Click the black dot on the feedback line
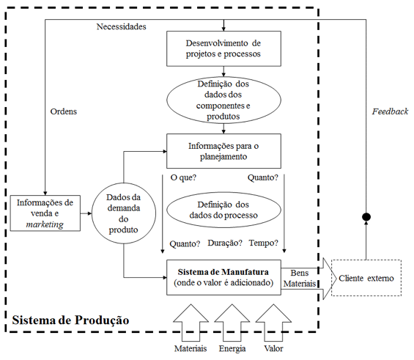click(366, 217)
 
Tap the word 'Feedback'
click(390, 111)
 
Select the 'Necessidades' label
click(121, 26)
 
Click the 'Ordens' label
click(64, 111)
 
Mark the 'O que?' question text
click(183, 177)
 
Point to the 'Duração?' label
click(225, 243)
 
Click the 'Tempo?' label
click(264, 243)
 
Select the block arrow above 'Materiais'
click(191, 323)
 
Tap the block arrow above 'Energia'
click(232, 323)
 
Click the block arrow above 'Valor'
click(273, 323)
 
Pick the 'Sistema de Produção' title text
click(70, 320)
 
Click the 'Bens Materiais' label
click(300, 278)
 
